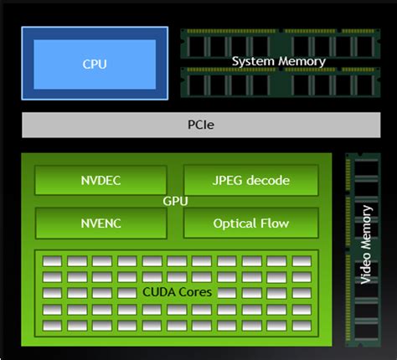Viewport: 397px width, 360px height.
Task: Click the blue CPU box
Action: pos(95,64)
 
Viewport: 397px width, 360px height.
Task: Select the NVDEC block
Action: pos(100,180)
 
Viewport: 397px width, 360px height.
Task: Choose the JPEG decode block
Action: pos(250,180)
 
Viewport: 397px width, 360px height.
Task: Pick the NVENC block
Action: pos(100,224)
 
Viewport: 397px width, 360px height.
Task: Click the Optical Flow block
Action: pos(250,224)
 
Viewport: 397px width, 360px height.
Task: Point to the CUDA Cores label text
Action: pos(177,292)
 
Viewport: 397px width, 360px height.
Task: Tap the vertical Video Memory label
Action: pos(366,249)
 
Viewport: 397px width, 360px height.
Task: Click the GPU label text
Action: pos(175,202)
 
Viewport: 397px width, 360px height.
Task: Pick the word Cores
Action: pos(194,292)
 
